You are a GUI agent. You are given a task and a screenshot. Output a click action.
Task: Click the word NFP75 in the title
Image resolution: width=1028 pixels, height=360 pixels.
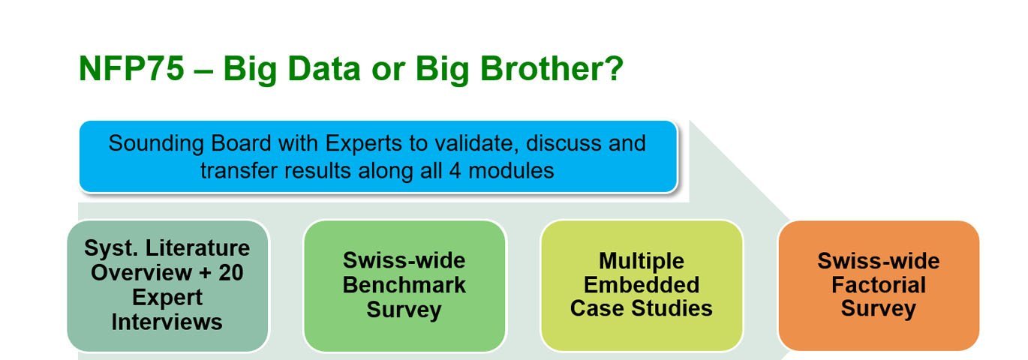132,68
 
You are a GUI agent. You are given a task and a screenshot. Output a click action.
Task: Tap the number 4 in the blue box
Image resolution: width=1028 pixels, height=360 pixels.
455,170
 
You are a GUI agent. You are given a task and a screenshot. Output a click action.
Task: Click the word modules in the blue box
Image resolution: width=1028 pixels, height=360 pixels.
511,170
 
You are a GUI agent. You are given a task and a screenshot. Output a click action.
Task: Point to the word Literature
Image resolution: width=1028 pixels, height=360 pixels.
197,248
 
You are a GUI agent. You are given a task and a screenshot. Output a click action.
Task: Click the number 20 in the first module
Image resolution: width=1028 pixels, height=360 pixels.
231,273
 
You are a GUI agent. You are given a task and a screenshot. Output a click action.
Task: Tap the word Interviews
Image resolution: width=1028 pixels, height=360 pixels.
167,322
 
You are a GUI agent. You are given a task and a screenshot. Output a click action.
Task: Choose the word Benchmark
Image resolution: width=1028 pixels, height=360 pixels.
404,285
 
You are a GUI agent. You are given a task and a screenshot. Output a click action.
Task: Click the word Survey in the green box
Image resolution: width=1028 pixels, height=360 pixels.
404,310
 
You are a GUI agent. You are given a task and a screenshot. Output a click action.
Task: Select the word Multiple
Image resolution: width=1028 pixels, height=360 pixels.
642,262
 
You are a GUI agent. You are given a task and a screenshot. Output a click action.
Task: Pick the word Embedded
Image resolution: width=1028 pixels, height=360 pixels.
642,285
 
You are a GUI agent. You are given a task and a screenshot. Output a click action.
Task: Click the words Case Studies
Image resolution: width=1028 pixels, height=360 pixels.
642,308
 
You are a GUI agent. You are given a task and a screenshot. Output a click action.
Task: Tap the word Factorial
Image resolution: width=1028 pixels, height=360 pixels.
879,285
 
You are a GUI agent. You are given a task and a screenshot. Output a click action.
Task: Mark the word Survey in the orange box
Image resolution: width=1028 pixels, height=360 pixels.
879,309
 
